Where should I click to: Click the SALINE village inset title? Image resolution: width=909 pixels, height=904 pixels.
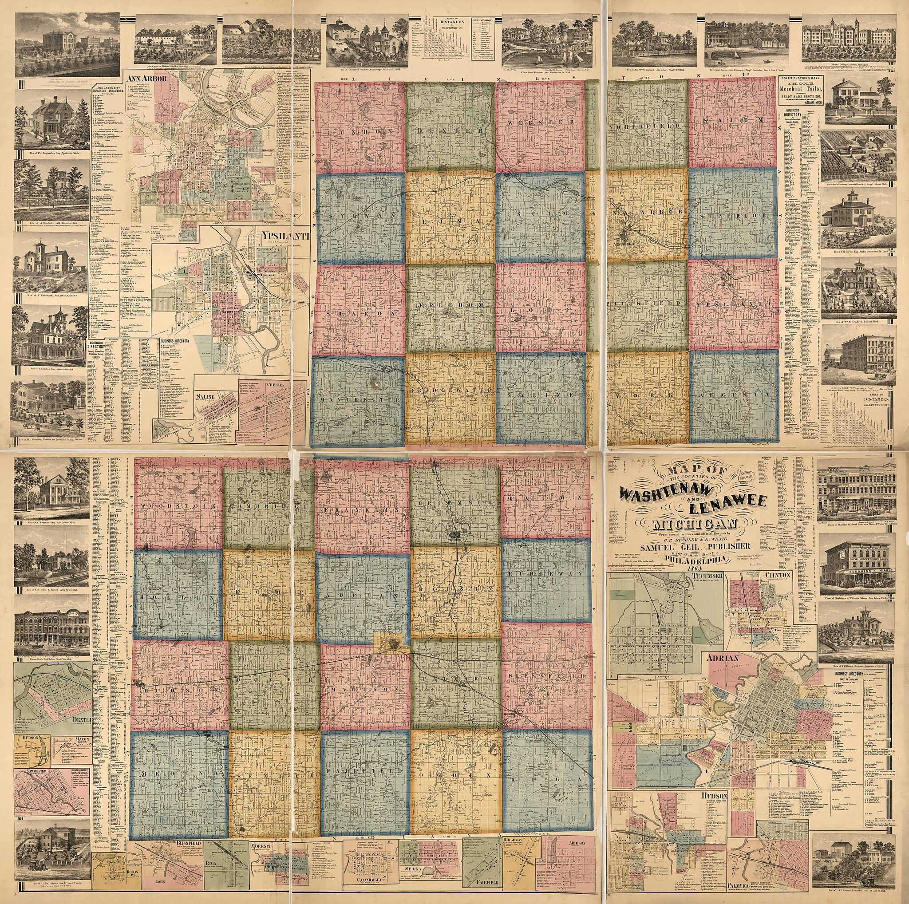pos(205,396)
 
